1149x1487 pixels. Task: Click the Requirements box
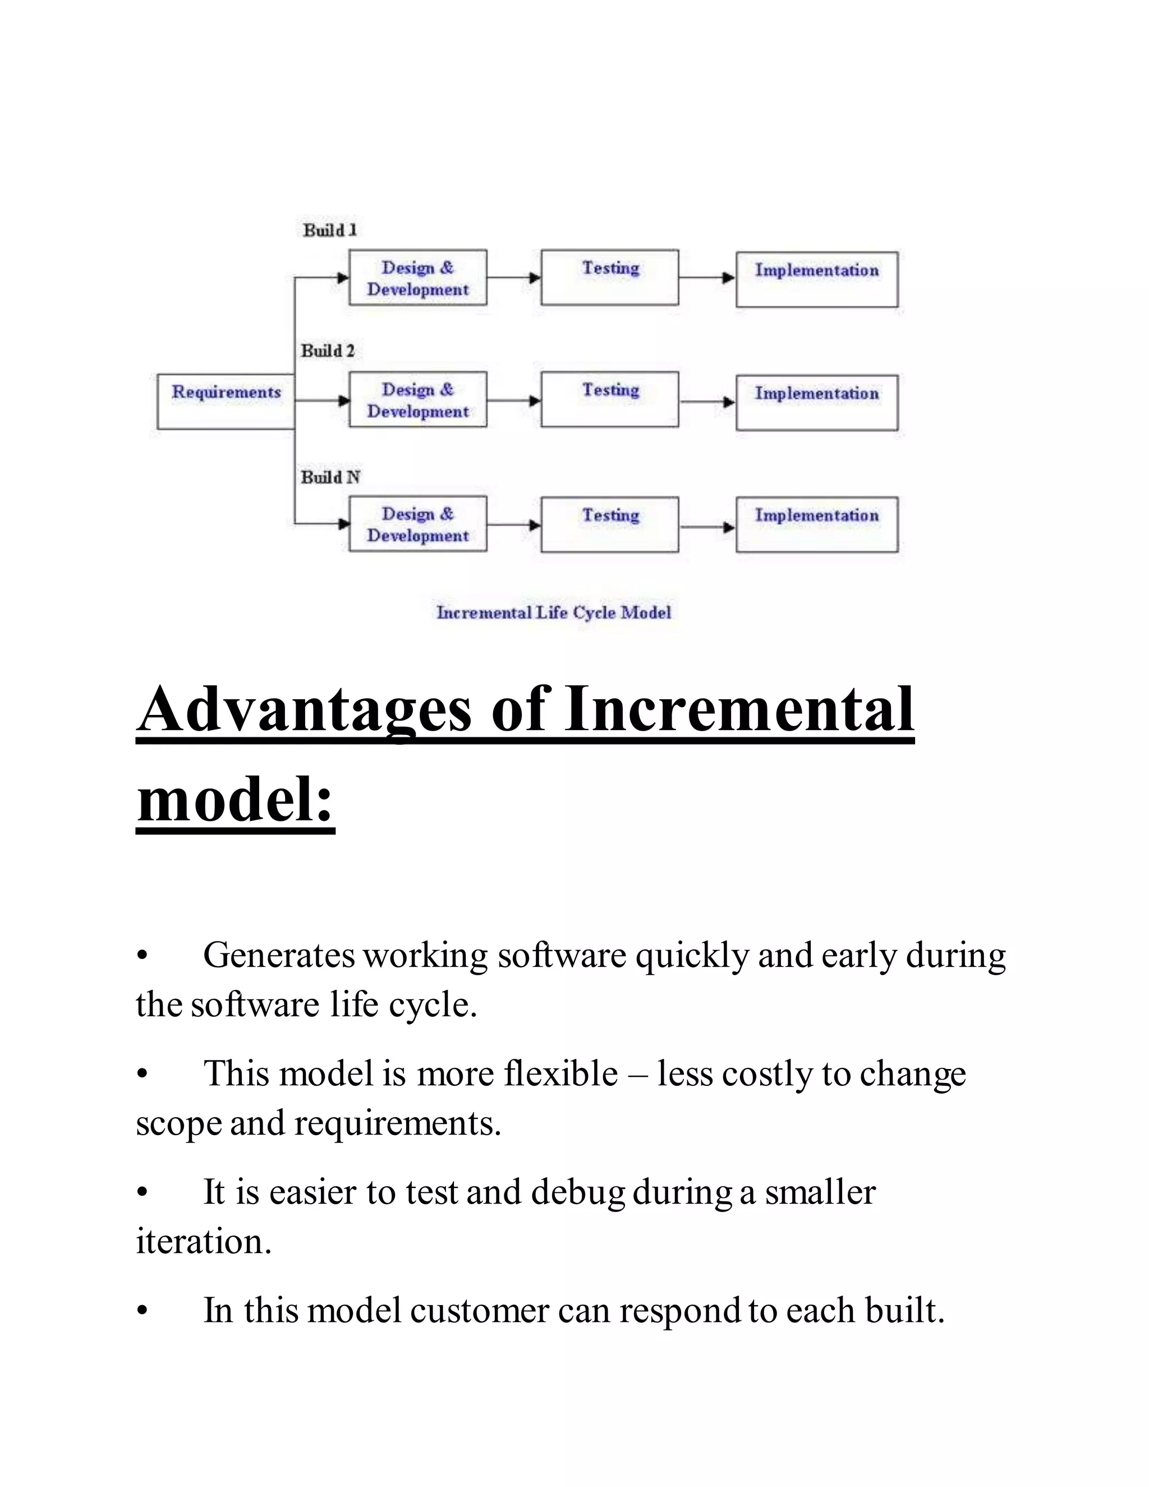(226, 401)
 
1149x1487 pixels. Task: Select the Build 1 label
(330, 230)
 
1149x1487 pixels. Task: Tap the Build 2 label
(328, 351)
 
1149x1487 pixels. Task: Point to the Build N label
(330, 478)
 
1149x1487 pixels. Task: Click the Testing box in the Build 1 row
(610, 277)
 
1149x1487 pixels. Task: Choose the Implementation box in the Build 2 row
(817, 402)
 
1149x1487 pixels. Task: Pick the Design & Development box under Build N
(418, 524)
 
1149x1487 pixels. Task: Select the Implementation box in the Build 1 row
(817, 279)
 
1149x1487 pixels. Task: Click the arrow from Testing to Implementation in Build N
(707, 527)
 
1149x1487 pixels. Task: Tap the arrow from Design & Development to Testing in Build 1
(514, 278)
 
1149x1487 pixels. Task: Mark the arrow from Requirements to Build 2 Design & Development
(322, 400)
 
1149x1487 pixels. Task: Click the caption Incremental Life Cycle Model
(553, 613)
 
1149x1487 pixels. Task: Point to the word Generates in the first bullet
(278, 955)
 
